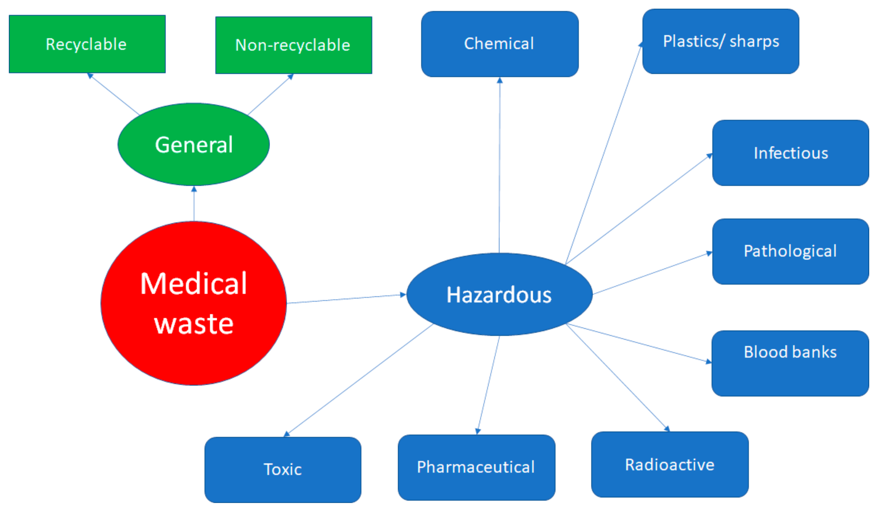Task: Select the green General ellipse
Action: tap(193, 144)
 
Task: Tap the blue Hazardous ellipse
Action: tap(499, 294)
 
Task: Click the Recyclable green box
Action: tap(87, 44)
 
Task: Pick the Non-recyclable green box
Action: tap(293, 45)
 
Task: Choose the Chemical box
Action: tap(499, 44)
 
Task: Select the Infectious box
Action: tap(790, 153)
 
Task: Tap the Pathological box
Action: tap(790, 251)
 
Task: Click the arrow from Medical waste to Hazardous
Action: tap(346, 299)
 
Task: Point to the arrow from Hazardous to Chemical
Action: tap(499, 164)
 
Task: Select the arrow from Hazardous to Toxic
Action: tap(360, 379)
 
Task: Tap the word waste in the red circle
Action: tap(193, 324)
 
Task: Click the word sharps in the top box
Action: tap(754, 42)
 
